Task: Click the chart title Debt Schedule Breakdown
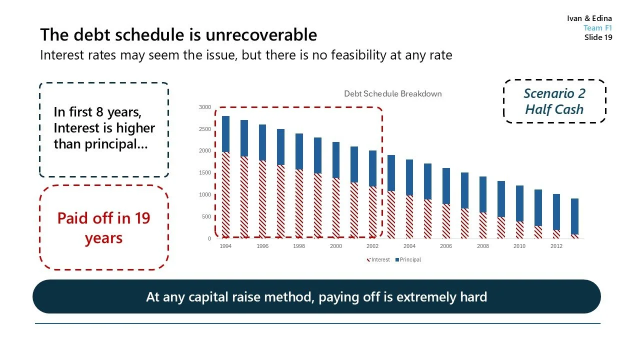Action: pyautogui.click(x=392, y=94)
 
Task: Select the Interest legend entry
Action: pyautogui.click(x=379, y=259)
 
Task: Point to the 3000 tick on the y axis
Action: pyautogui.click(x=205, y=107)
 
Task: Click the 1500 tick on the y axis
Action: pyautogui.click(x=205, y=173)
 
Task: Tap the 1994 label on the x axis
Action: pyautogui.click(x=225, y=246)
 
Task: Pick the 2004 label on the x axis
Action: pyautogui.click(x=409, y=246)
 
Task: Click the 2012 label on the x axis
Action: pyautogui.click(x=556, y=246)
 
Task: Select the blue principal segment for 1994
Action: pyautogui.click(x=225, y=134)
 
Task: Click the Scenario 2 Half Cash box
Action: pyautogui.click(x=554, y=101)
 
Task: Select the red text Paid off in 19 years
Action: pyautogui.click(x=103, y=228)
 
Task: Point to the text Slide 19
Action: pyautogui.click(x=598, y=37)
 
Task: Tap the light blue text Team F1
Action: pyautogui.click(x=597, y=28)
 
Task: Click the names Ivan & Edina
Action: pyautogui.click(x=589, y=18)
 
